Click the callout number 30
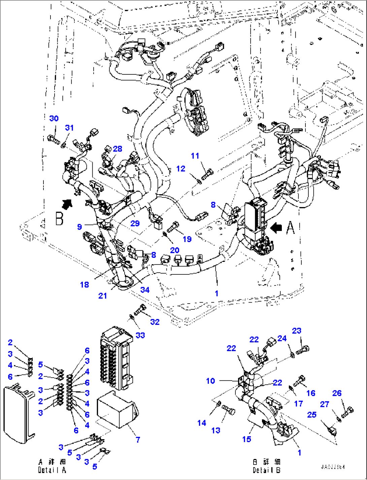tap(54, 118)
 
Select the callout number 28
tap(118, 148)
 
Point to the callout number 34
tap(145, 289)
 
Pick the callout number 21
tap(102, 296)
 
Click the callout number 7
tap(138, 439)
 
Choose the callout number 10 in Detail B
tap(210, 381)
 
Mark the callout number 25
tap(312, 414)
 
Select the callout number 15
tap(247, 439)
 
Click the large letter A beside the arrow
tap(290, 228)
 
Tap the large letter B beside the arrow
tap(59, 218)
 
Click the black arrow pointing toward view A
tap(276, 228)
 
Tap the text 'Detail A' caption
tap(52, 466)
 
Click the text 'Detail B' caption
tap(267, 466)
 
